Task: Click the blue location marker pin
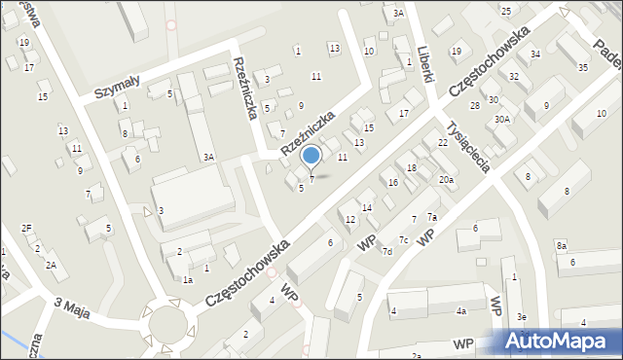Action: click(x=311, y=156)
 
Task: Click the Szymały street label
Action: click(x=117, y=89)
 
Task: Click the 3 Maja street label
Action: click(x=74, y=304)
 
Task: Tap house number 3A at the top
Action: click(x=398, y=14)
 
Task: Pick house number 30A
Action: click(x=501, y=119)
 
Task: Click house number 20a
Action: click(x=446, y=179)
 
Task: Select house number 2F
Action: click(x=27, y=228)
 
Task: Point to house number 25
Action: click(x=505, y=11)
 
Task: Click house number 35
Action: click(x=582, y=67)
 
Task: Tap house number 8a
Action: click(x=562, y=246)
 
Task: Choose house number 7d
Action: click(x=386, y=252)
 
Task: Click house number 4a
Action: click(x=461, y=311)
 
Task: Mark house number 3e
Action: click(x=522, y=317)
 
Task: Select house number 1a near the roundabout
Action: click(x=188, y=279)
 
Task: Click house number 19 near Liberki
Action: click(x=456, y=51)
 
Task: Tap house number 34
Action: click(x=535, y=54)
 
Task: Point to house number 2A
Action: click(x=51, y=265)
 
